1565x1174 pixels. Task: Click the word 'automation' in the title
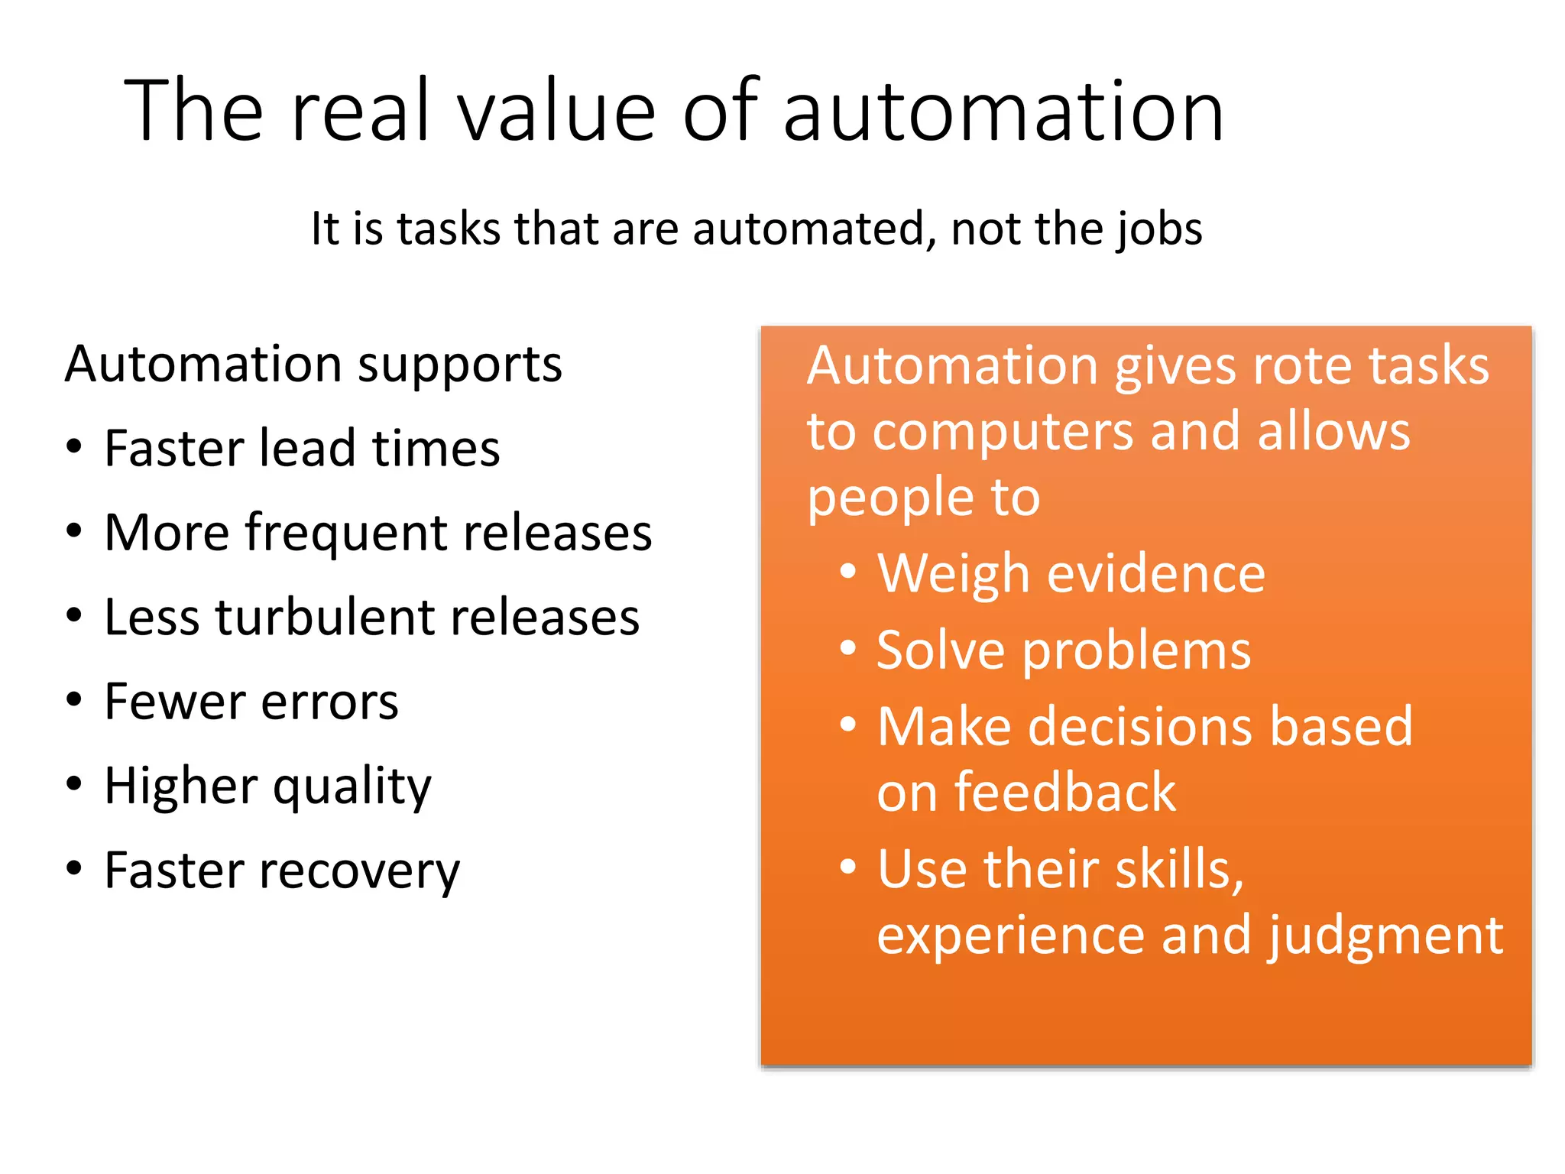point(1003,113)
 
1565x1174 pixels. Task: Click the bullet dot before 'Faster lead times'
point(73,446)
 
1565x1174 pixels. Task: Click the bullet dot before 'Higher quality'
point(73,783)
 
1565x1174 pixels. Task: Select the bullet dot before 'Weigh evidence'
point(847,571)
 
